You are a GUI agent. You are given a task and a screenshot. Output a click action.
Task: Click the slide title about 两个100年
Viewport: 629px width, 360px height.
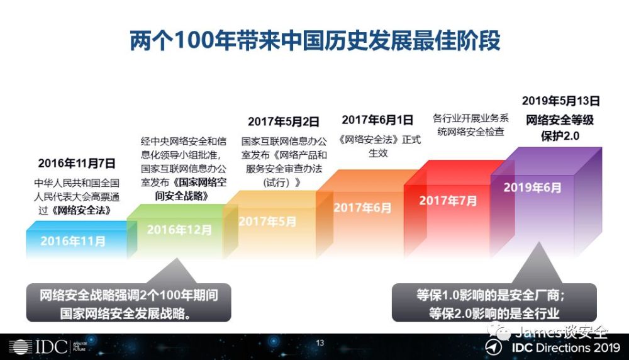[x=315, y=40]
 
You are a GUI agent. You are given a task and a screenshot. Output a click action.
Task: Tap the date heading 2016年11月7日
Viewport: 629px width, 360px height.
[x=77, y=164]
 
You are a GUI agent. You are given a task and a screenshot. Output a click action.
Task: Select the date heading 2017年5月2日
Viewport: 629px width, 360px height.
[x=284, y=121]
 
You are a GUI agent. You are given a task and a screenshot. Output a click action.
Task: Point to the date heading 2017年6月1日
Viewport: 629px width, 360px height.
[x=377, y=120]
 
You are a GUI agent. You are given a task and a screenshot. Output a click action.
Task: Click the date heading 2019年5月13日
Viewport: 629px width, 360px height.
[x=561, y=100]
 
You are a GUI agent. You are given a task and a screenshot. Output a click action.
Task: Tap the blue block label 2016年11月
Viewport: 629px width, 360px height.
[x=73, y=241]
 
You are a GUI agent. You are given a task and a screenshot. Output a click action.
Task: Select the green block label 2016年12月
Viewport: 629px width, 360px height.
[x=179, y=230]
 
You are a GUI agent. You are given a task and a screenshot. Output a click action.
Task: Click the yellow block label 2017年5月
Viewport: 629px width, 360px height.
[x=267, y=221]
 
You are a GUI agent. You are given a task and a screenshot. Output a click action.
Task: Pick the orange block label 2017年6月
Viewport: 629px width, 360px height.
[x=362, y=208]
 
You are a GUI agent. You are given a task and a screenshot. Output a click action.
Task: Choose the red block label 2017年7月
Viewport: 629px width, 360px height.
[x=448, y=200]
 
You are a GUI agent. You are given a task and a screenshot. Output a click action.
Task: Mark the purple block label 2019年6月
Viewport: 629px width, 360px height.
[x=533, y=188]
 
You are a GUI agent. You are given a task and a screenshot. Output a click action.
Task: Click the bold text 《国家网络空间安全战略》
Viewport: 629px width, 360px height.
[x=191, y=189]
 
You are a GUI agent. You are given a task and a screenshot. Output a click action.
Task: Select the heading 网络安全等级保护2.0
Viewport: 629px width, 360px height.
[x=560, y=128]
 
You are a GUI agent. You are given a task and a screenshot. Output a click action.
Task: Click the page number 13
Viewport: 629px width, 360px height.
[x=320, y=343]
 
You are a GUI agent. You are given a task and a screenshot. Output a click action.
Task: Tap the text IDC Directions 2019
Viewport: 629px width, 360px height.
[x=565, y=347]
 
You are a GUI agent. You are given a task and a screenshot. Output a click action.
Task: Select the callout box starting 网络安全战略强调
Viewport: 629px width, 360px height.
[x=129, y=303]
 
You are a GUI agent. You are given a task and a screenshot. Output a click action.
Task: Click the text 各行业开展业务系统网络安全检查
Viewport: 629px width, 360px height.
[x=470, y=125]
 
